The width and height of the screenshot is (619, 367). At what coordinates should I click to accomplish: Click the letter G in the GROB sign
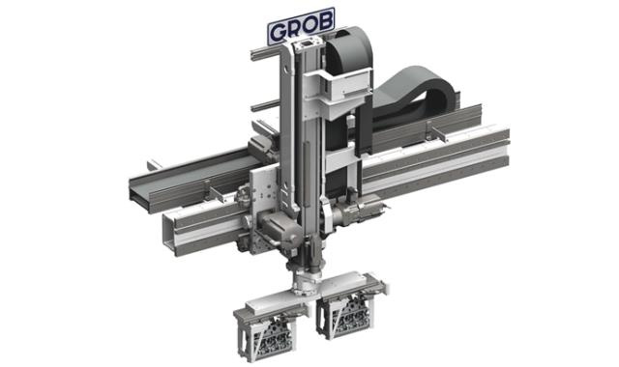pyautogui.click(x=280, y=32)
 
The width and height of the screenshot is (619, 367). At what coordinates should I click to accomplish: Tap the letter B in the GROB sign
pyautogui.click(x=323, y=23)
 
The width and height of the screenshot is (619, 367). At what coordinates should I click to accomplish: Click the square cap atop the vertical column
pyautogui.click(x=309, y=44)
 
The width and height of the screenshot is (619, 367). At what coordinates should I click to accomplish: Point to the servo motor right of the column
pyautogui.click(x=356, y=210)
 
